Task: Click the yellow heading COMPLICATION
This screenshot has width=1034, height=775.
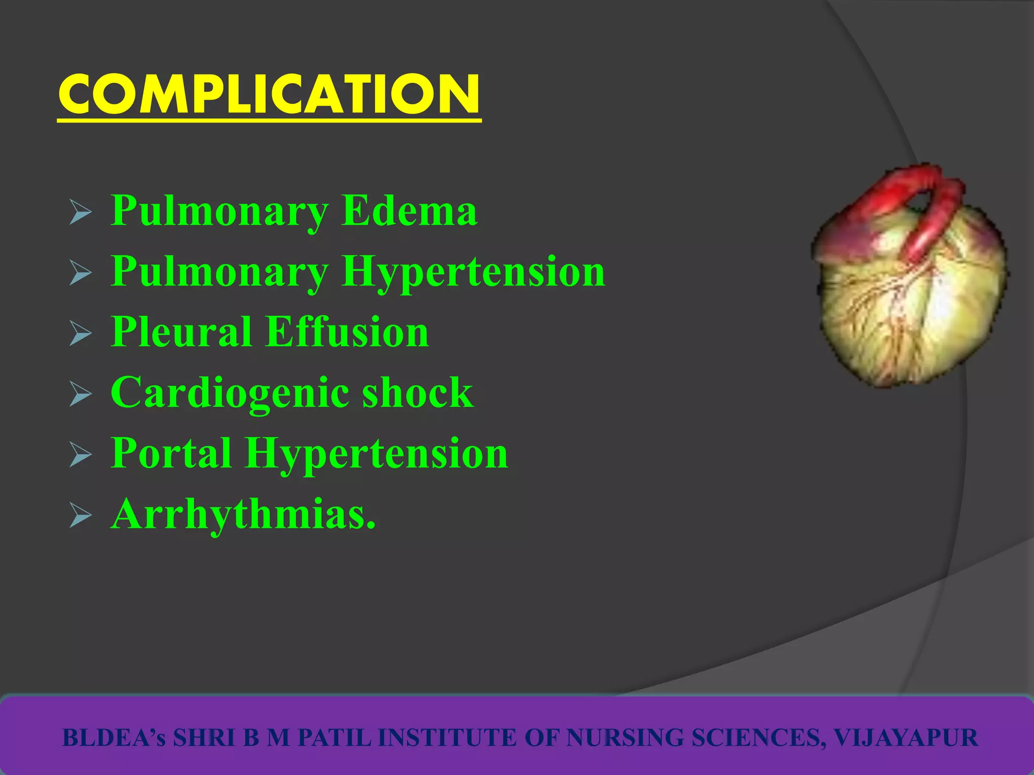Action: pos(269,94)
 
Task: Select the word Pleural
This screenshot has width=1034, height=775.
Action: pos(181,331)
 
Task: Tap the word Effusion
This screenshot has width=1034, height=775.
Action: pos(347,331)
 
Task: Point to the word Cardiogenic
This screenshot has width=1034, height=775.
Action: pos(229,393)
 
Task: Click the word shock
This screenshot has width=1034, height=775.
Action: pos(418,392)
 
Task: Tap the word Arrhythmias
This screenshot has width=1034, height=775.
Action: pos(243,514)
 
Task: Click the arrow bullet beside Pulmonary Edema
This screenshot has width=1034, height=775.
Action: pos(80,212)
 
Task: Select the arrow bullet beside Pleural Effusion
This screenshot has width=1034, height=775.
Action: pos(80,334)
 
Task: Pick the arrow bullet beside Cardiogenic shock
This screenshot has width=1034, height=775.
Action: pos(80,394)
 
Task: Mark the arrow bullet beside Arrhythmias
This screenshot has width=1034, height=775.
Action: pos(80,516)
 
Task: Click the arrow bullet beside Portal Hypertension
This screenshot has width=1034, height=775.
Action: pos(80,455)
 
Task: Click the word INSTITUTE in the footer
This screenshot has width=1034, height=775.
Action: pos(447,738)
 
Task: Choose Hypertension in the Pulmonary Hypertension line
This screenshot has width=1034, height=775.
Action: pos(473,272)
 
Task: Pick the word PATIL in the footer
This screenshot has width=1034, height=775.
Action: pos(334,738)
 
